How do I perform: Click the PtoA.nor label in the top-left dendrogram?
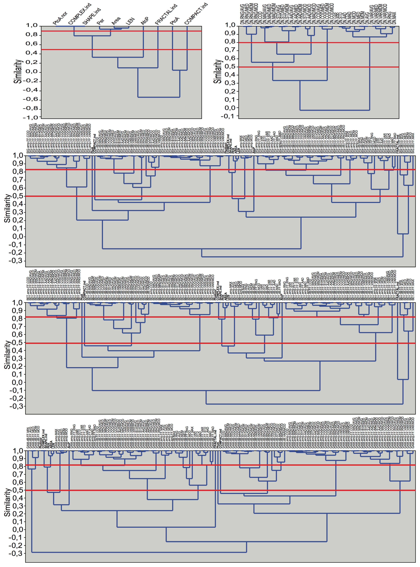(x=60, y=19)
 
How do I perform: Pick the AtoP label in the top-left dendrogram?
(x=145, y=21)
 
